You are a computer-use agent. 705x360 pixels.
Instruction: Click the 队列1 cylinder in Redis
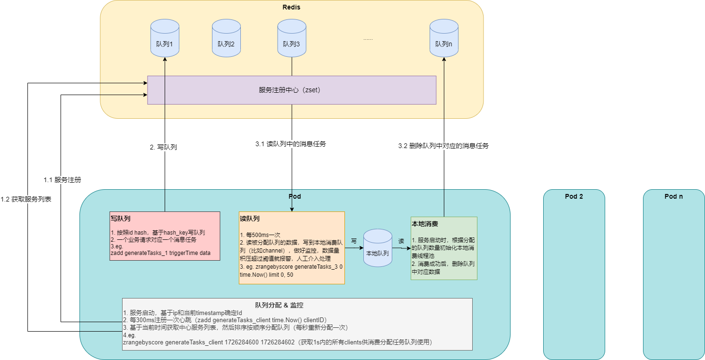[164, 38]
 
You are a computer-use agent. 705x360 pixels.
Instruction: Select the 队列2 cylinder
[226, 38]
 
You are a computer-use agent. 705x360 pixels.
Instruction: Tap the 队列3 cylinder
[291, 38]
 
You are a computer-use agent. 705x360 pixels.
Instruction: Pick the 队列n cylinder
[444, 38]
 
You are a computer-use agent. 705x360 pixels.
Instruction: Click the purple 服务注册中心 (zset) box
[291, 90]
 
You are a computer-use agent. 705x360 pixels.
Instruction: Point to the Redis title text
[291, 7]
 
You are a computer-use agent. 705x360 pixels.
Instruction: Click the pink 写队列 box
[165, 236]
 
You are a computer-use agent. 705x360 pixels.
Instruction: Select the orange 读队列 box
[291, 247]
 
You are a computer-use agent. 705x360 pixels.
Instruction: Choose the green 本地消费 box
[444, 248]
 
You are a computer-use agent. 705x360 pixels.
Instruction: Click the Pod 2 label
[574, 196]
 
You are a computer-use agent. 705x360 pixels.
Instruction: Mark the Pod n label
[674, 196]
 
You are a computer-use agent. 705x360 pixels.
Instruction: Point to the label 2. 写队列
[163, 147]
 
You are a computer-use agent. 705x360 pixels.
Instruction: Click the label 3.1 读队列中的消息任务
[290, 144]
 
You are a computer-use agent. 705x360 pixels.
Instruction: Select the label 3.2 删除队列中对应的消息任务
[443, 146]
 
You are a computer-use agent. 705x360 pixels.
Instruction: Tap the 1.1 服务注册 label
[62, 180]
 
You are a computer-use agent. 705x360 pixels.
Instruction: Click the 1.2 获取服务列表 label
[26, 199]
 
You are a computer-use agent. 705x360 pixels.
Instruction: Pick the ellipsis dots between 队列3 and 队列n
[368, 39]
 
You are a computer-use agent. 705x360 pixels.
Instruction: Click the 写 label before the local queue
[354, 241]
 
